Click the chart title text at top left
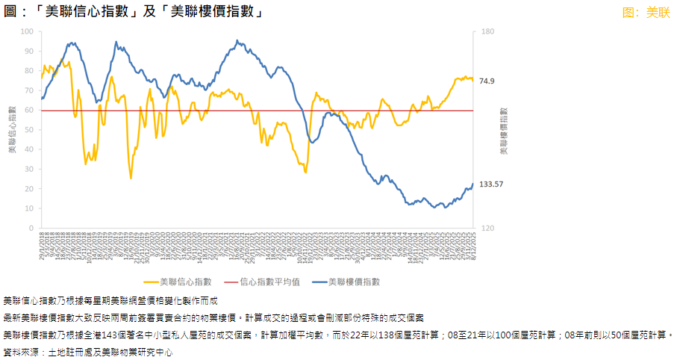(134, 11)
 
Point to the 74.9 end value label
(487, 81)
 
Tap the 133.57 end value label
(492, 184)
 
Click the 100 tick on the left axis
(28, 31)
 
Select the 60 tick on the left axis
(29, 110)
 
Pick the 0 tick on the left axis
(31, 228)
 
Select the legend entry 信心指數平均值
(269, 282)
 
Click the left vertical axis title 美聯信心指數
(12, 130)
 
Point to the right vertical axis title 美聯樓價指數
(504, 130)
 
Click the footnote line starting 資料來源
(88, 350)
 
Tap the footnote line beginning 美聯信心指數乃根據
(110, 300)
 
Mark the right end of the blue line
(472, 184)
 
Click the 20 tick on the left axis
(29, 188)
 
